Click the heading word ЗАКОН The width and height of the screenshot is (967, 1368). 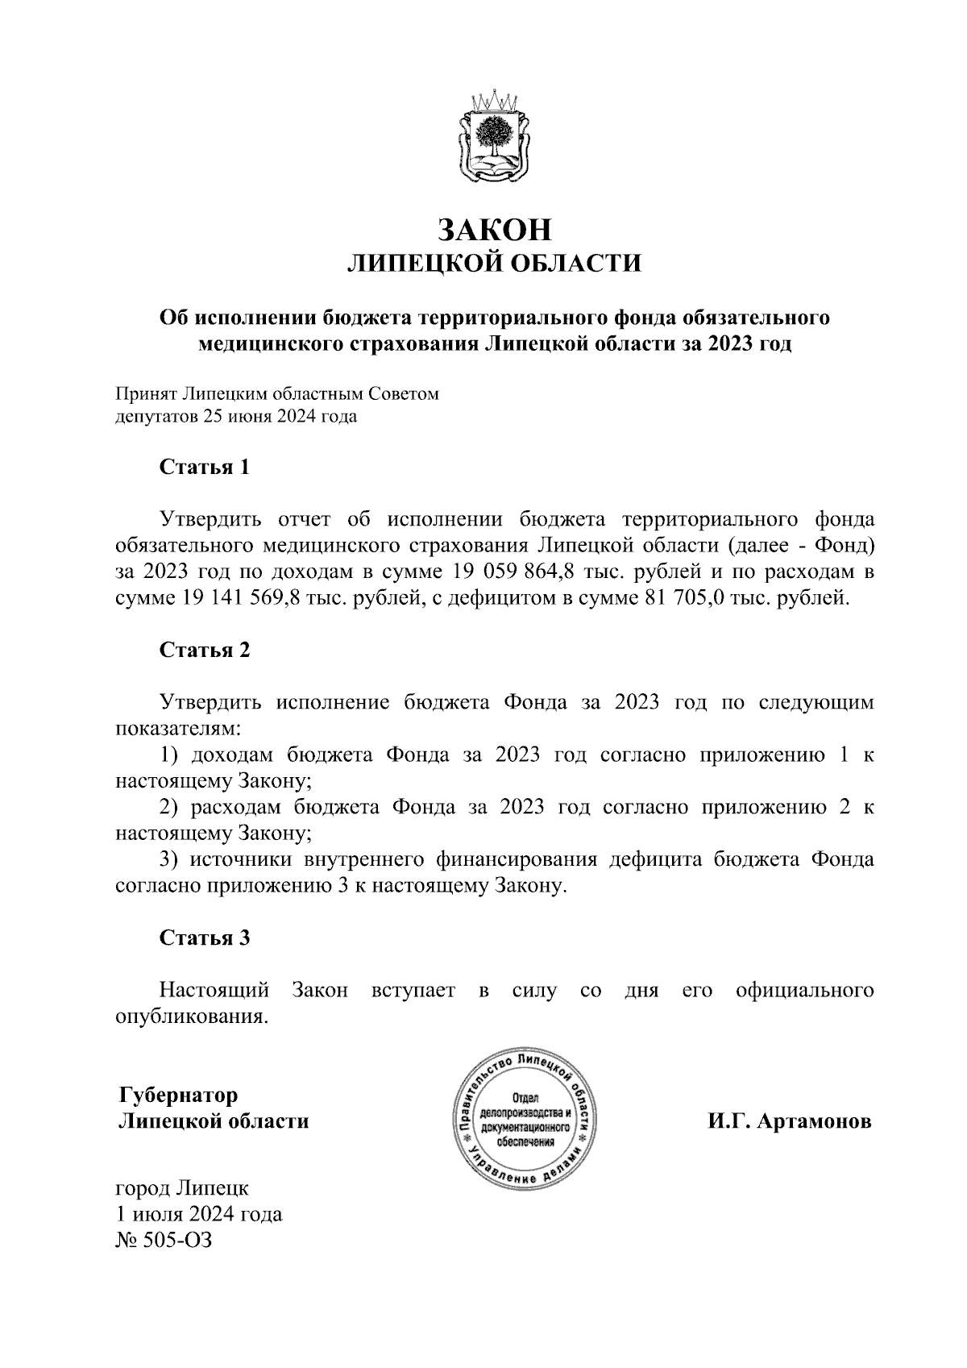[x=494, y=230]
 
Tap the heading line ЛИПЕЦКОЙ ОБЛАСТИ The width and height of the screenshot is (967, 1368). [x=494, y=264]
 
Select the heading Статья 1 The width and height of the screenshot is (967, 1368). [x=205, y=467]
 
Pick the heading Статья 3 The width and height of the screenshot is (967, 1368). [x=205, y=938]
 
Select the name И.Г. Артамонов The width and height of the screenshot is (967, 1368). [x=790, y=1121]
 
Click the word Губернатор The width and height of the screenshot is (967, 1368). [x=178, y=1096]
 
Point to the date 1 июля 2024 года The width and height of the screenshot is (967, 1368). [x=199, y=1213]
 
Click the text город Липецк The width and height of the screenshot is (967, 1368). [x=183, y=1187]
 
